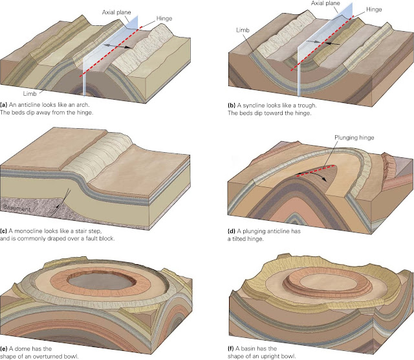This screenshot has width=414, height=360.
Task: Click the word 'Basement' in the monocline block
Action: pos(20,208)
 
